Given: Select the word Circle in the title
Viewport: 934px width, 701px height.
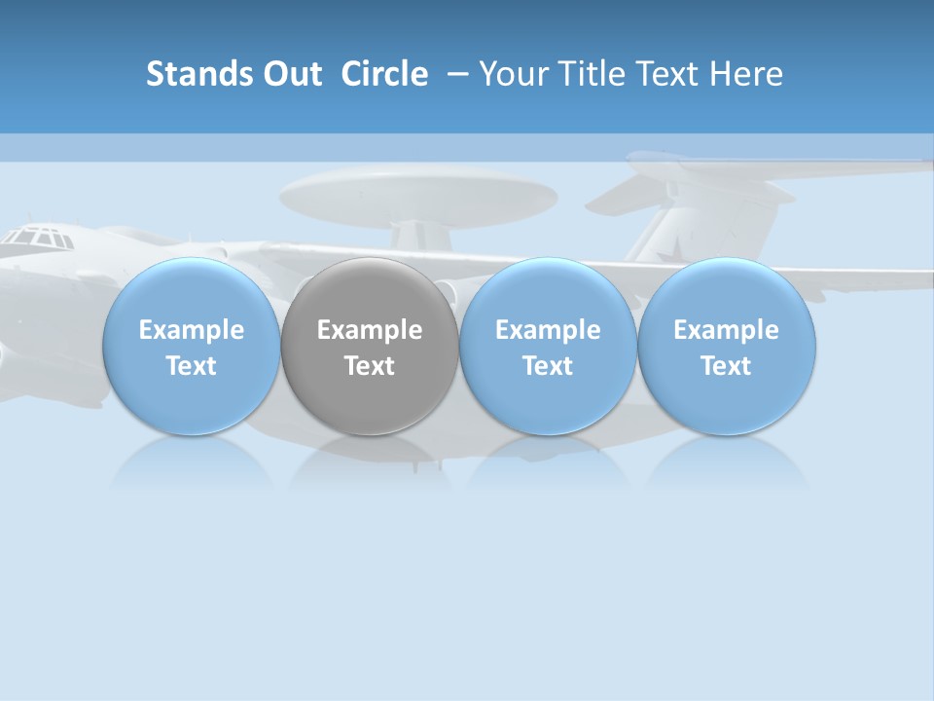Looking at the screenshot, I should tap(384, 74).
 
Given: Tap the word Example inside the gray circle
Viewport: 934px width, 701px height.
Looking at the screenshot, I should tap(370, 330).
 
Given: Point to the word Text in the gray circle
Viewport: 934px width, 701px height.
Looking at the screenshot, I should tap(370, 366).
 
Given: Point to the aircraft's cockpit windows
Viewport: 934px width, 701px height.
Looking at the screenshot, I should tap(39, 238).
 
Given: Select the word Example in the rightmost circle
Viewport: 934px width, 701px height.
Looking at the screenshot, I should tap(727, 330).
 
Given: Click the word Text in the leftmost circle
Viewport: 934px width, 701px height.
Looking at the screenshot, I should tap(191, 366).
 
